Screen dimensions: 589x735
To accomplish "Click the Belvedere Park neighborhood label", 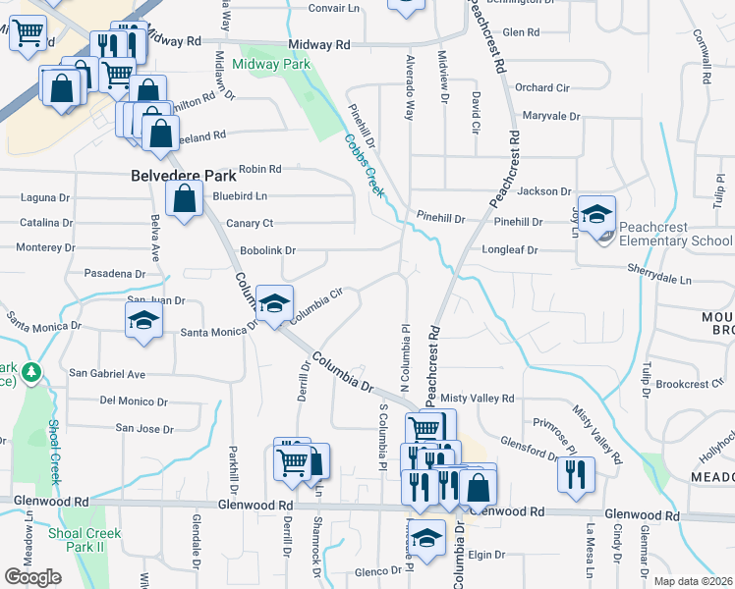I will [x=184, y=177].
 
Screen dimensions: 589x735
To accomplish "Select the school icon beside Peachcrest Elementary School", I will [x=595, y=216].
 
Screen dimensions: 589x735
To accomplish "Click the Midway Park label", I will [x=271, y=64].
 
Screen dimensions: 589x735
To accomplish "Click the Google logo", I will [x=32, y=577].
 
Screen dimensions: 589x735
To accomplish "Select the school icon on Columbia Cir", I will [x=274, y=301].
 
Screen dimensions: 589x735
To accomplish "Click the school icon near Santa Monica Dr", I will [x=143, y=319].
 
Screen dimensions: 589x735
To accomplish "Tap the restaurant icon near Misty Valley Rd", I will [x=576, y=473].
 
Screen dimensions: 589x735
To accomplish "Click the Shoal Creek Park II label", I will [x=85, y=540].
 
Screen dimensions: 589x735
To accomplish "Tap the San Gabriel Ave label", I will [x=106, y=374].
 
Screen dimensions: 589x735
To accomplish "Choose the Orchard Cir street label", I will [x=541, y=87].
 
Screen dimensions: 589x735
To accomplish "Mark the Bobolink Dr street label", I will [x=267, y=251].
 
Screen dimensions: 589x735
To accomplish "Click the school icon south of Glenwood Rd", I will [x=426, y=538].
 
